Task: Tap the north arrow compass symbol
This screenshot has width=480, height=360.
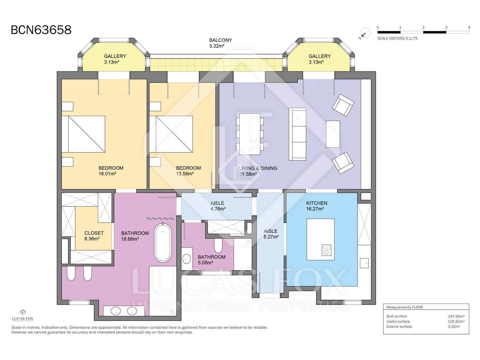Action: pos(365,33)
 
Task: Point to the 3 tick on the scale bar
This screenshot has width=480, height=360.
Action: pos(446,27)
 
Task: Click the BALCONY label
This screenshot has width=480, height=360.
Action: pos(220,40)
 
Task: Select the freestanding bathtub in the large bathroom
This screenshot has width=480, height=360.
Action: pos(163,242)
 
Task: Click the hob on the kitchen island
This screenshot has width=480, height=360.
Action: pos(326,250)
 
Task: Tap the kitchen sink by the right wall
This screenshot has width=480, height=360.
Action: pos(364,263)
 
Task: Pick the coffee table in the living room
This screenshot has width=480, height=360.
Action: pos(333,134)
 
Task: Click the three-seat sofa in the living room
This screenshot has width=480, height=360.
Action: pos(297,134)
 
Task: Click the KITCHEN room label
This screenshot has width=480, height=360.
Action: pos(316,203)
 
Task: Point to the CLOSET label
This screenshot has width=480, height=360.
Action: pos(94,233)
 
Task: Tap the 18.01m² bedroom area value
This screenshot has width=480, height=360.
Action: pos(107,174)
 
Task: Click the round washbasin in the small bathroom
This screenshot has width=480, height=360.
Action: pos(186,259)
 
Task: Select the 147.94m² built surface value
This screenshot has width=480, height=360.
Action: pos(456,316)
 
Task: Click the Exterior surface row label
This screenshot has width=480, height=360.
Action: pos(399,327)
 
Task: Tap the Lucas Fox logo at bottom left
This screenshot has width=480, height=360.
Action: pos(22,315)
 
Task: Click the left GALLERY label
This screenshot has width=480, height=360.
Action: pos(115,56)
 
